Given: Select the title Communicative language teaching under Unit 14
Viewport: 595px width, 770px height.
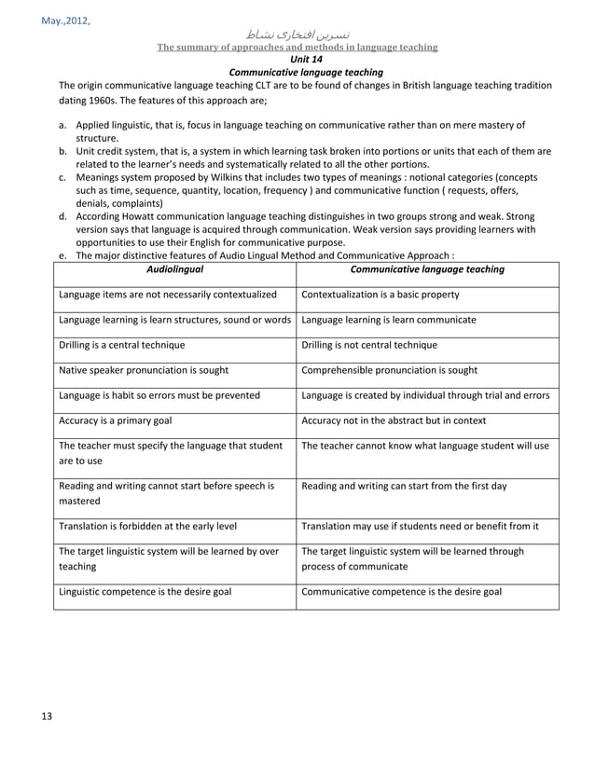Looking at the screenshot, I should click(x=297, y=72).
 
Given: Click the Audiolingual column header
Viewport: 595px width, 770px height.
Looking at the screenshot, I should click(x=175, y=269).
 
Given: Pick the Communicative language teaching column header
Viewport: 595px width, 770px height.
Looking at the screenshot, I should click(x=427, y=269).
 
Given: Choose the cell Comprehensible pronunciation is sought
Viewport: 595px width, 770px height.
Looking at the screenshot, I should click(x=390, y=370).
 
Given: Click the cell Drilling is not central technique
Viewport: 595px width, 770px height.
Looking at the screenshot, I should click(x=370, y=345).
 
